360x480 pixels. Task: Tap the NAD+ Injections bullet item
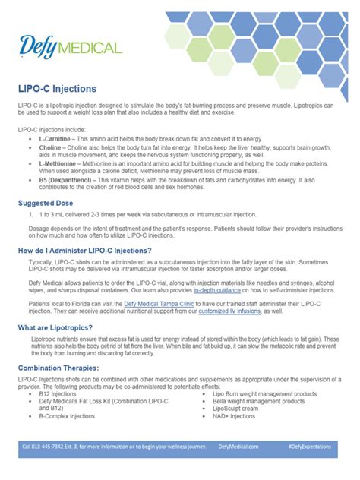coord(235,415)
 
